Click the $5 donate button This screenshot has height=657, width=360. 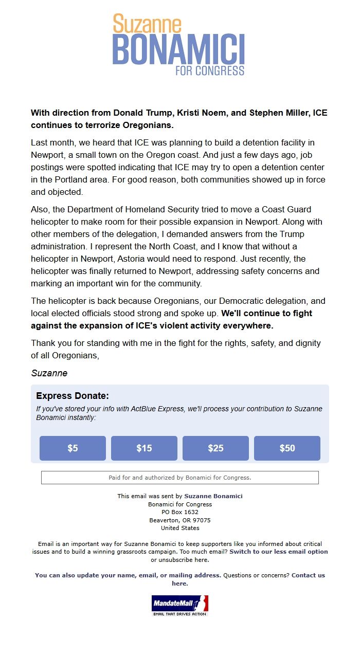point(73,448)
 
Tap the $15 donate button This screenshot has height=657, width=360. point(144,448)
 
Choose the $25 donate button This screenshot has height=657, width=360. point(215,448)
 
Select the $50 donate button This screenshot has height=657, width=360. point(287,448)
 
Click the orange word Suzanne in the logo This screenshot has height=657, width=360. point(147,24)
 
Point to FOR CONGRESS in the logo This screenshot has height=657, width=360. point(210,70)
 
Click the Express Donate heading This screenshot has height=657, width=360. point(73,396)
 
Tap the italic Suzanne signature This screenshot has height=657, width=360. point(49,373)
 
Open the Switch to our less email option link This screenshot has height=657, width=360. point(278,552)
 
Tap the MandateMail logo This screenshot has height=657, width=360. point(180,605)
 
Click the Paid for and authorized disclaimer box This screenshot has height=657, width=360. point(180,478)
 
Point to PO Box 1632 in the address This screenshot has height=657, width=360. point(180,512)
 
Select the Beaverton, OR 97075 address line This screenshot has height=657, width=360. point(180,520)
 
